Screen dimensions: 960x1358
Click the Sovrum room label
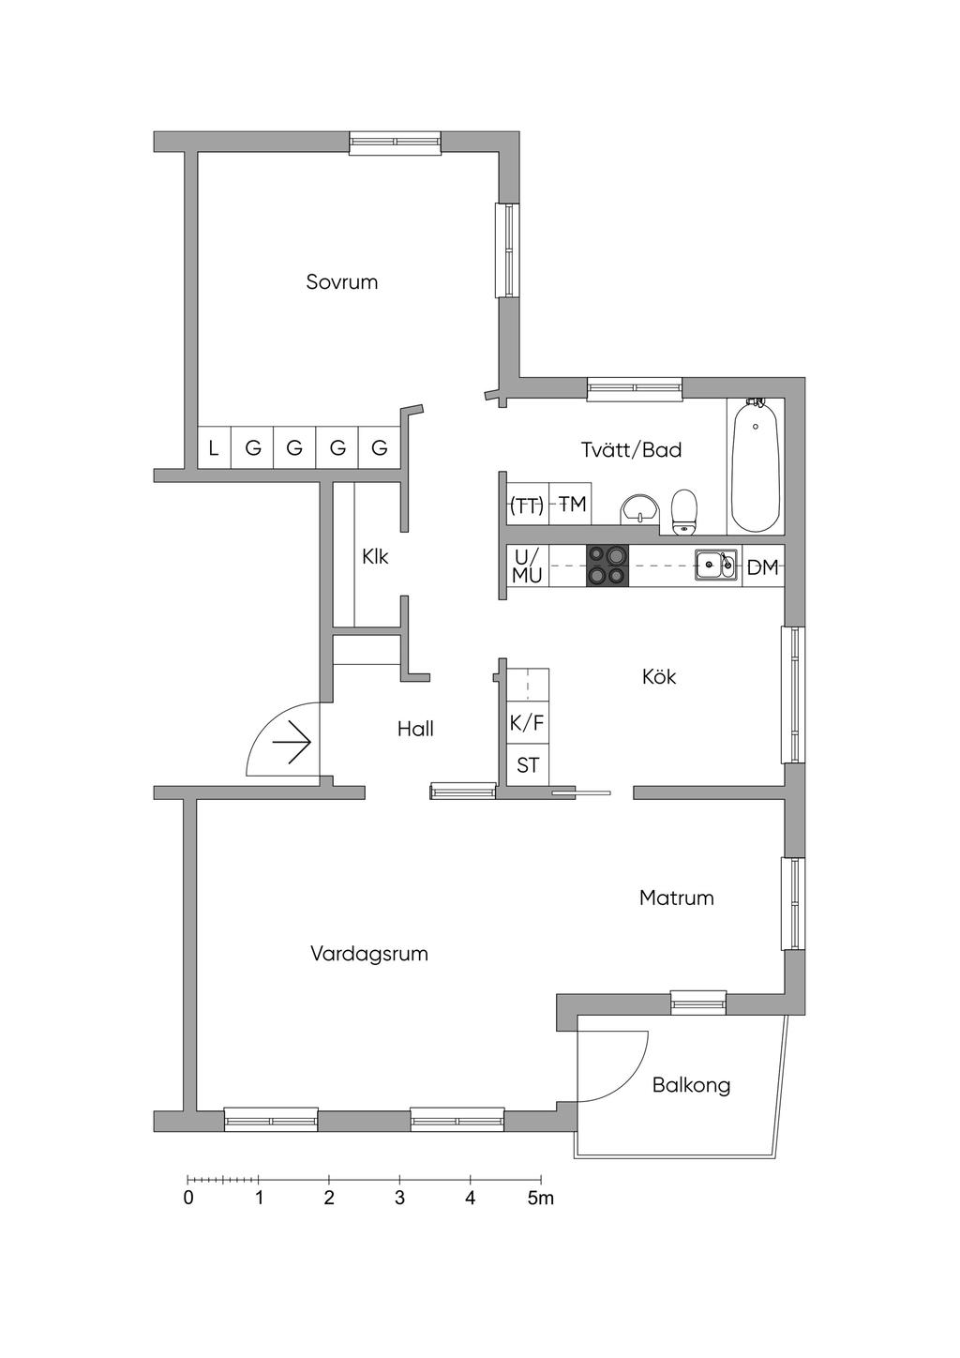tap(341, 282)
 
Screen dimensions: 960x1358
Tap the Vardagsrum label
tap(369, 954)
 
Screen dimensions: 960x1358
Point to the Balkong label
tap(691, 1085)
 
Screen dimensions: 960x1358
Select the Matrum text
tap(676, 898)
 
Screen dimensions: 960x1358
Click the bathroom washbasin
tap(640, 508)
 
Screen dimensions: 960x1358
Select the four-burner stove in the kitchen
tap(607, 566)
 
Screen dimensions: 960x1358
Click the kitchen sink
tap(715, 566)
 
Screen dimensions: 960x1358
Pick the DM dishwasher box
tap(762, 566)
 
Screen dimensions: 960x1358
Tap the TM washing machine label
tap(572, 505)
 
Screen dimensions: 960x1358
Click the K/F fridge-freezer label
tap(526, 722)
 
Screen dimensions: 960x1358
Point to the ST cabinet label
tap(528, 765)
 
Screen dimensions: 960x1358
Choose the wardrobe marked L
tap(214, 448)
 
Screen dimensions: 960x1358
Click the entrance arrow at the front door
tap(292, 742)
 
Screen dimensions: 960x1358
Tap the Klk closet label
tap(375, 556)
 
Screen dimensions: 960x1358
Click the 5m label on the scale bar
tap(540, 1198)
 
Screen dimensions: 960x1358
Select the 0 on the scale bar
tap(188, 1198)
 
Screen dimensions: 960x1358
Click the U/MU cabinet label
tap(527, 566)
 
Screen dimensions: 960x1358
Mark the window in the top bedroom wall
tap(395, 142)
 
